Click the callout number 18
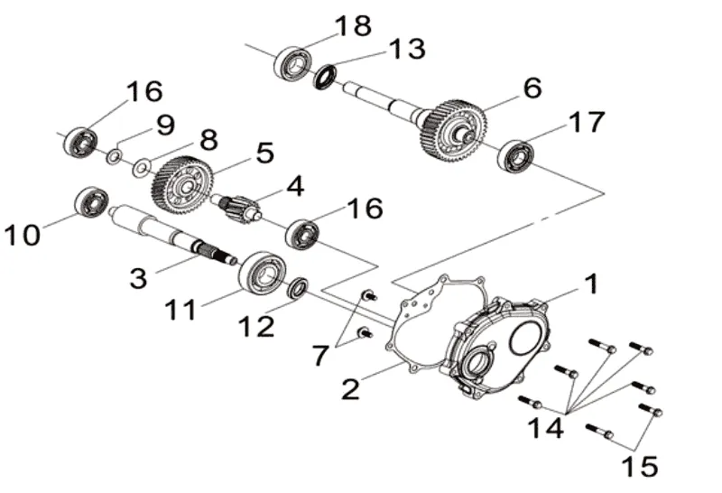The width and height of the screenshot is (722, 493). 353,26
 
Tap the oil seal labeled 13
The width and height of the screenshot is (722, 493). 325,77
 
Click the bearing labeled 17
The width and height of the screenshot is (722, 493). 514,156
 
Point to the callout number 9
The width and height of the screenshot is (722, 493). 165,125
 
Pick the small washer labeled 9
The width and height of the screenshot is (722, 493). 115,156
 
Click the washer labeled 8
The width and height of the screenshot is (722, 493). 142,168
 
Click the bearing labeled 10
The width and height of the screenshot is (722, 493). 92,204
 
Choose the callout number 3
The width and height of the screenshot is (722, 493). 139,278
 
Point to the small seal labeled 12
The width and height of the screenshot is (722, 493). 298,288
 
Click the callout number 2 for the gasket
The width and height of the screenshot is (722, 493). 350,389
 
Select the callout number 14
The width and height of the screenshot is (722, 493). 545,428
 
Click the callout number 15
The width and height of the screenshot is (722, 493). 640,466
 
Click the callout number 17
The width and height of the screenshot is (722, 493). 586,122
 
